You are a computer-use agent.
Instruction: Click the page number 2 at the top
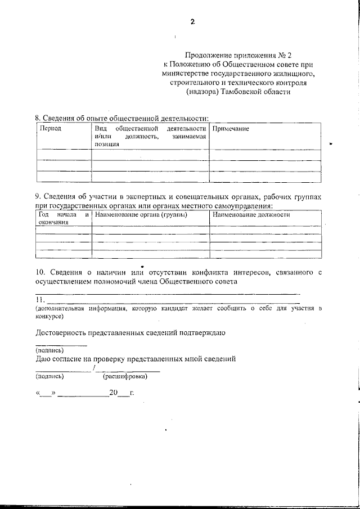click(192, 22)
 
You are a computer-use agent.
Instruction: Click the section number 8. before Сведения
click(38, 119)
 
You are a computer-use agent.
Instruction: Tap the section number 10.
click(40, 273)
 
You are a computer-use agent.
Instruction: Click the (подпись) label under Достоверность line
click(49, 349)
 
